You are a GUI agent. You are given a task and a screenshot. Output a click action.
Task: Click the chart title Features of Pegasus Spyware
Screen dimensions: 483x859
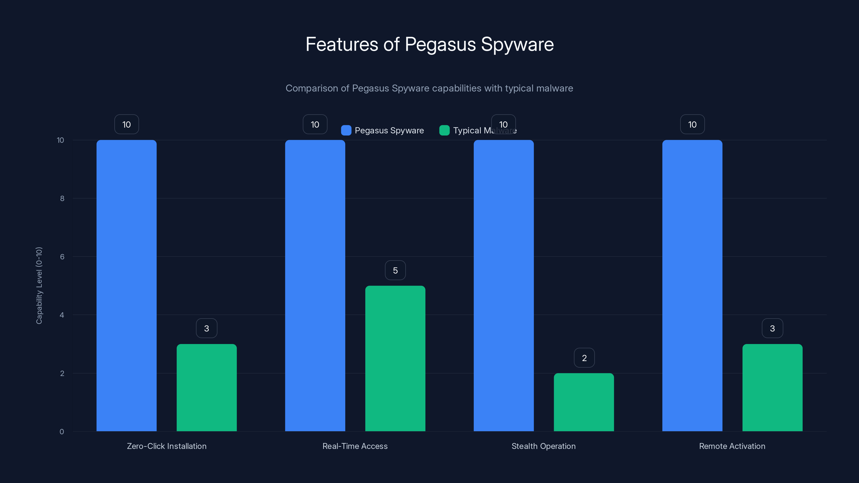(429, 44)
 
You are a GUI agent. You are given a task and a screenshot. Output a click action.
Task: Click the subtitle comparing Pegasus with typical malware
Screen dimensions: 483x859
(429, 88)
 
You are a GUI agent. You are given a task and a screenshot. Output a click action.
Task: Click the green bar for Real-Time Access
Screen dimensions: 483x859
(395, 358)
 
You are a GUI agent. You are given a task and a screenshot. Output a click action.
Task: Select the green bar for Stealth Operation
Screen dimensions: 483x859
(584, 402)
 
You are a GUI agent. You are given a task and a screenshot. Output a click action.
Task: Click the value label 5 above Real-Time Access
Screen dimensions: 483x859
(395, 270)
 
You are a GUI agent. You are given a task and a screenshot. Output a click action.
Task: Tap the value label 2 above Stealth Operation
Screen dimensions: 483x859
(584, 358)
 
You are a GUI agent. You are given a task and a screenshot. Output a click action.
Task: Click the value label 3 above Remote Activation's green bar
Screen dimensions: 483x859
(772, 328)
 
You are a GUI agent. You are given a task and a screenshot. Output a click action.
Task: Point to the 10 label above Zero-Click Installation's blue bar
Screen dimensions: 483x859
(126, 124)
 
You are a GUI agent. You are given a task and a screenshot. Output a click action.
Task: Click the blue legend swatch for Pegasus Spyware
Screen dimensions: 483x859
(346, 130)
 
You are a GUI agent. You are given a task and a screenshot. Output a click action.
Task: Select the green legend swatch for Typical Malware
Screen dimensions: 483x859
(444, 130)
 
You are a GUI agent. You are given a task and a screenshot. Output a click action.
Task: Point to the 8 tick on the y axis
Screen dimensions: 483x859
(62, 198)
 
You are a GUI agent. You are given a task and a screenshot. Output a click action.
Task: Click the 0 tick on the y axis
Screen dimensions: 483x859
(62, 432)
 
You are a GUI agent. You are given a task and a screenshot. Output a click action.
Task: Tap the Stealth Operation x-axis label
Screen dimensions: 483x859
(544, 446)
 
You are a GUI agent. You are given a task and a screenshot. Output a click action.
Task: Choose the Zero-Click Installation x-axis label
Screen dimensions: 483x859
(166, 446)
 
